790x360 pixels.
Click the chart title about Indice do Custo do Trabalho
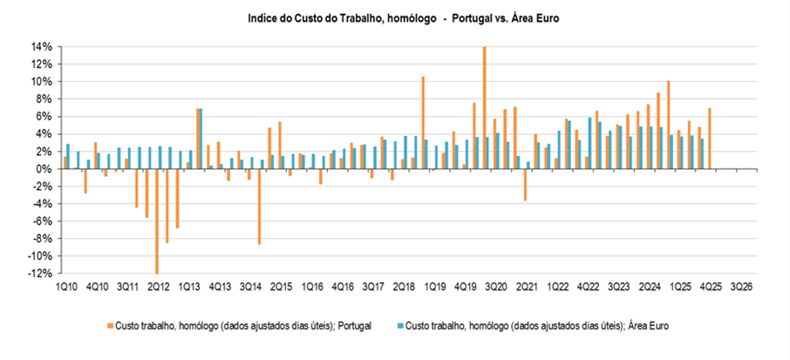tap(395, 17)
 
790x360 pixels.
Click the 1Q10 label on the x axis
tap(65, 286)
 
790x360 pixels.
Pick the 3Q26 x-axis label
tap(742, 286)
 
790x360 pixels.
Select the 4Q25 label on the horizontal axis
tap(711, 286)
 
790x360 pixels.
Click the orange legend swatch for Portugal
tap(109, 325)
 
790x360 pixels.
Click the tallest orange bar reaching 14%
tap(485, 107)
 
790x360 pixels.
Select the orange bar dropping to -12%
tap(157, 221)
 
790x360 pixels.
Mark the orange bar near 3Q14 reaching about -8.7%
tap(259, 207)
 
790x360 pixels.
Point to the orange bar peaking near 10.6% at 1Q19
tap(423, 122)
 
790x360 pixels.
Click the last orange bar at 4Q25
tap(710, 139)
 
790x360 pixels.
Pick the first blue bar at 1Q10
tap(68, 156)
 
